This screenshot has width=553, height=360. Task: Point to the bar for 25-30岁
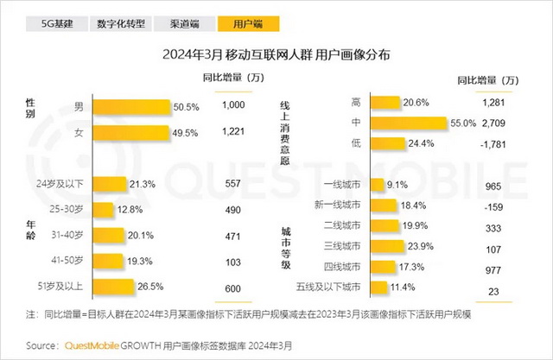tap(101, 209)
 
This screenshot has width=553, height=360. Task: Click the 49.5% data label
tap(187, 133)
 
